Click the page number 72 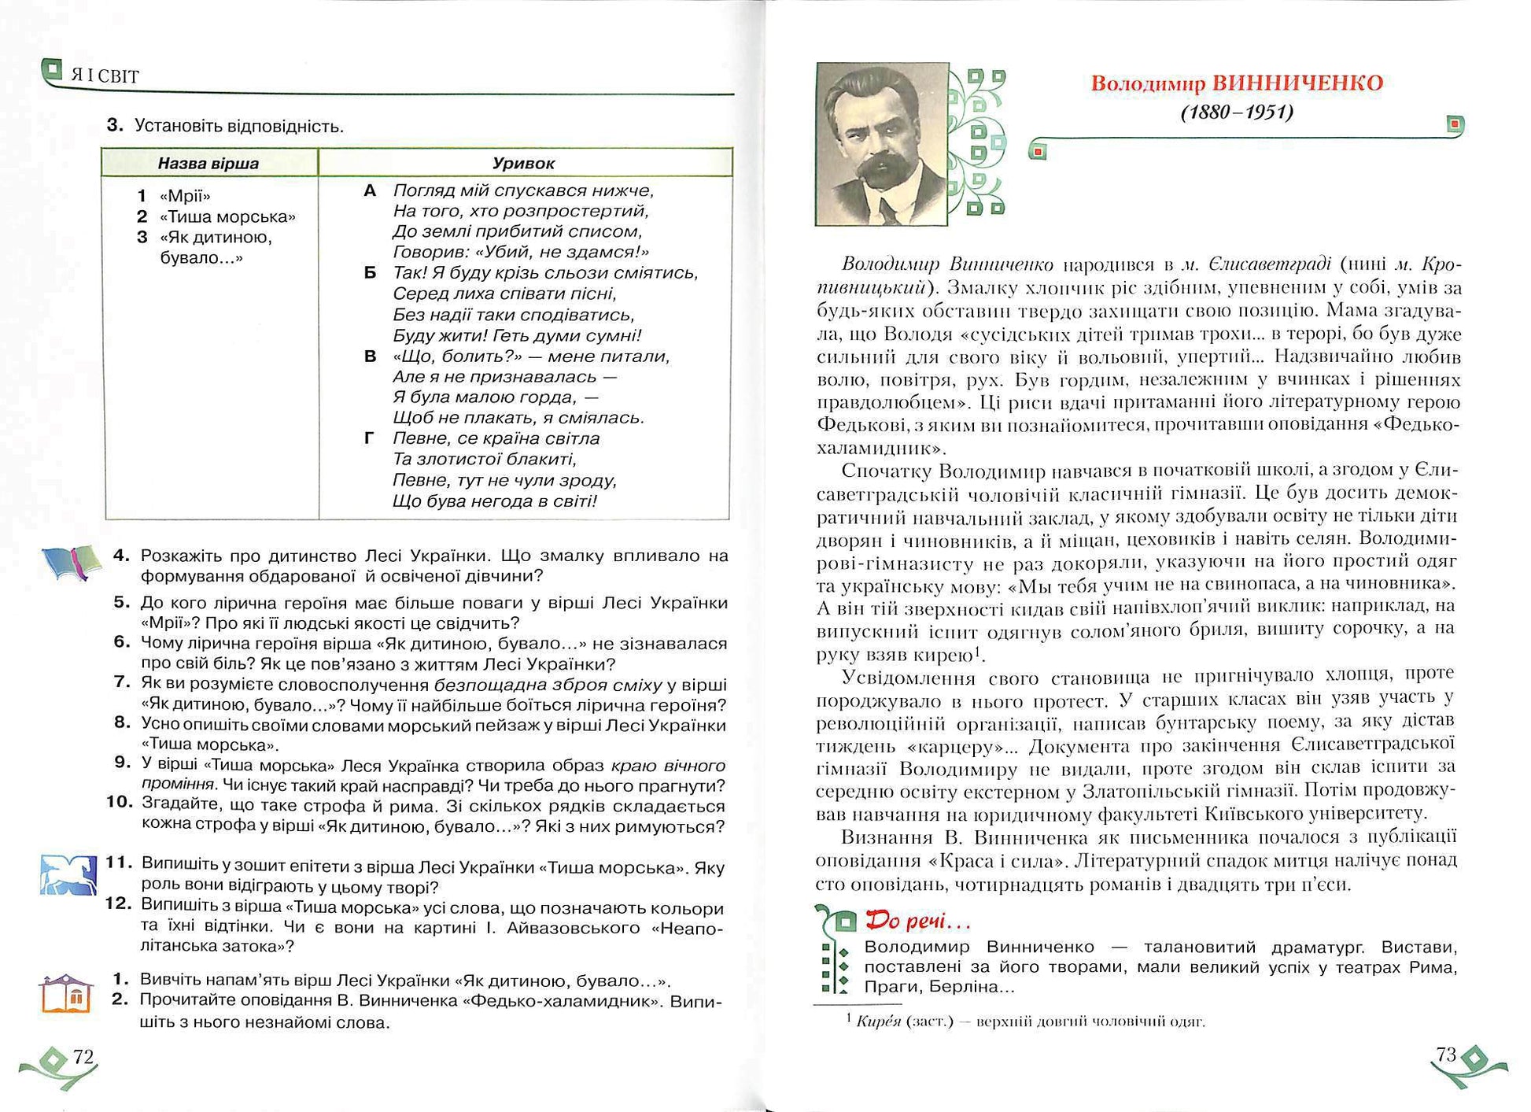[x=83, y=1056]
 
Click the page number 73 [x=1446, y=1055]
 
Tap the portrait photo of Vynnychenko [x=882, y=144]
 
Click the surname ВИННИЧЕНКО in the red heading [x=1297, y=83]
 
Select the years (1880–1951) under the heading [x=1237, y=113]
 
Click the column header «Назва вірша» [x=208, y=164]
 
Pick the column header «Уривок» [x=523, y=164]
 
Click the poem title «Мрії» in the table [x=185, y=196]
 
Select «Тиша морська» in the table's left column [x=227, y=216]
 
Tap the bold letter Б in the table [x=370, y=273]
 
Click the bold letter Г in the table [x=369, y=438]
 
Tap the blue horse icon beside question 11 [x=68, y=874]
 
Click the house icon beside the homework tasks [x=67, y=994]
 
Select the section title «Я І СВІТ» [x=105, y=76]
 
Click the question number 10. [x=120, y=802]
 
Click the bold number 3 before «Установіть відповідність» [x=115, y=125]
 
